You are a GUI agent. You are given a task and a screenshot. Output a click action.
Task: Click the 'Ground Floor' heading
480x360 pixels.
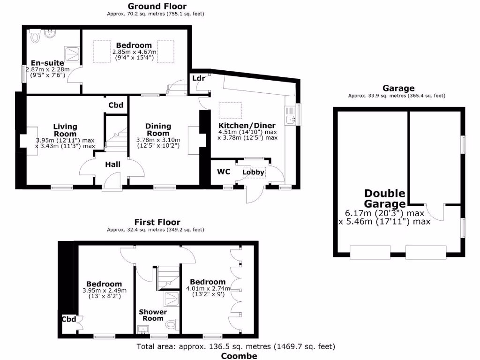click(157, 6)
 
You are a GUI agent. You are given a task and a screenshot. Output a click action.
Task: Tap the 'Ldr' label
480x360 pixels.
click(199, 78)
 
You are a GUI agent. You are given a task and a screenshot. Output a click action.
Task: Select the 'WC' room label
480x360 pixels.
click(224, 172)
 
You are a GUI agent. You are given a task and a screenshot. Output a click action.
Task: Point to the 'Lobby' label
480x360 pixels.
click(254, 172)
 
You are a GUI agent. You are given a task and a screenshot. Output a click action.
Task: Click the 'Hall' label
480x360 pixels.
click(112, 164)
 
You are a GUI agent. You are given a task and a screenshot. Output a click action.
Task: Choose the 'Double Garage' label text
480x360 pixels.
click(384, 199)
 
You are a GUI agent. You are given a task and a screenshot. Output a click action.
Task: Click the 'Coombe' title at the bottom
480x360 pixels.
click(239, 356)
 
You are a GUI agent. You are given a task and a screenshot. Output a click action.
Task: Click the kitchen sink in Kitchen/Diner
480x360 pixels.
click(291, 120)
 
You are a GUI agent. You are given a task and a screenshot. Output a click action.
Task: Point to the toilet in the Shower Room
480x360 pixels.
click(172, 324)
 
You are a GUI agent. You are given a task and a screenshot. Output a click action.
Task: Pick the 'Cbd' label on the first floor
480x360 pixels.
click(69, 320)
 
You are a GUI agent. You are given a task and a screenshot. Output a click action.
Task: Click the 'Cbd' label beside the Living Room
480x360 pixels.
click(116, 105)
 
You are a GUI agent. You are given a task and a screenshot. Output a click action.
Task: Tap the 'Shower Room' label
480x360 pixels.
click(153, 315)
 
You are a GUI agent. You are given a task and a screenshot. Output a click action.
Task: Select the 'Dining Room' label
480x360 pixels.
click(158, 129)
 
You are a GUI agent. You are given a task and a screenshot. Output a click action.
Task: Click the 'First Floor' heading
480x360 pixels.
click(157, 222)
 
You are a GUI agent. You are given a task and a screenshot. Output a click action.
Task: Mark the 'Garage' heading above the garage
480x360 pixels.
click(398, 88)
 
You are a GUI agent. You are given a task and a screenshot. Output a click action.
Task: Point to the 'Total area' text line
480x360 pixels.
click(236, 347)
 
